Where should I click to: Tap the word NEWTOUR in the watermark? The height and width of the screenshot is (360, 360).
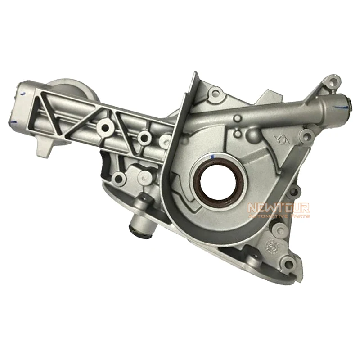pos(279,208)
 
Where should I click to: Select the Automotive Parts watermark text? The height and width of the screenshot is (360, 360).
pos(279,216)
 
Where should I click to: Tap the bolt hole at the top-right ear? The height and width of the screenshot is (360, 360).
pos(332,81)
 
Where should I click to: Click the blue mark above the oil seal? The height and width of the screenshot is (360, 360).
pos(212,157)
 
